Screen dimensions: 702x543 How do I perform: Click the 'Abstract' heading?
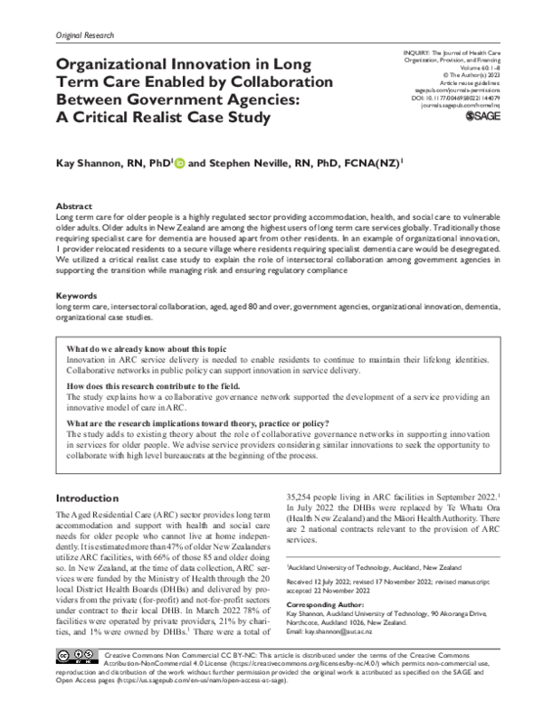pyautogui.click(x=73, y=207)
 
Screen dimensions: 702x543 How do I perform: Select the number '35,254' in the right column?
pyautogui.click(x=303, y=498)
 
